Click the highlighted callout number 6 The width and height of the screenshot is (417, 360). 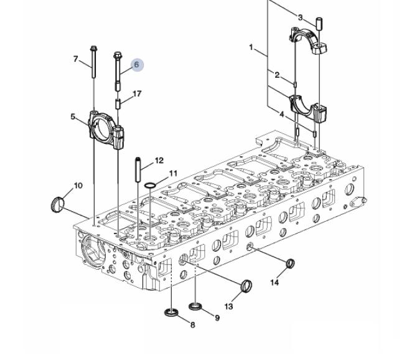click(x=136, y=65)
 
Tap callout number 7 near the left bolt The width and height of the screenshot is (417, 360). click(x=76, y=59)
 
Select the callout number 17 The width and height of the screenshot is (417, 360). click(x=137, y=93)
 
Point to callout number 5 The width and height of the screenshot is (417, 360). click(x=73, y=116)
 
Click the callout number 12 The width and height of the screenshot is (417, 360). click(x=159, y=161)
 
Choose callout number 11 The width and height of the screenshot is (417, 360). click(x=173, y=174)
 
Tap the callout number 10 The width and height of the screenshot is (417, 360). click(x=78, y=186)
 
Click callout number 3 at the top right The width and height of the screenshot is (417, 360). click(x=300, y=17)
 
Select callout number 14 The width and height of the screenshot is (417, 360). click(x=274, y=282)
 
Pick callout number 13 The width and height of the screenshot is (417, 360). click(x=228, y=306)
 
